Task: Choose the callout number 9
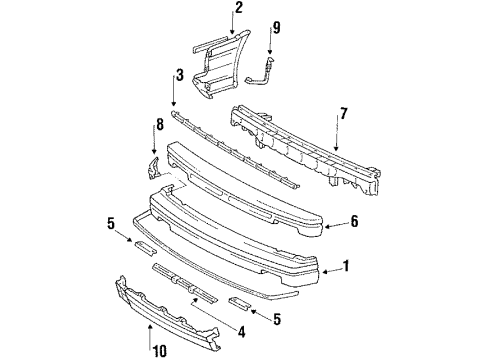pyautogui.click(x=277, y=28)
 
